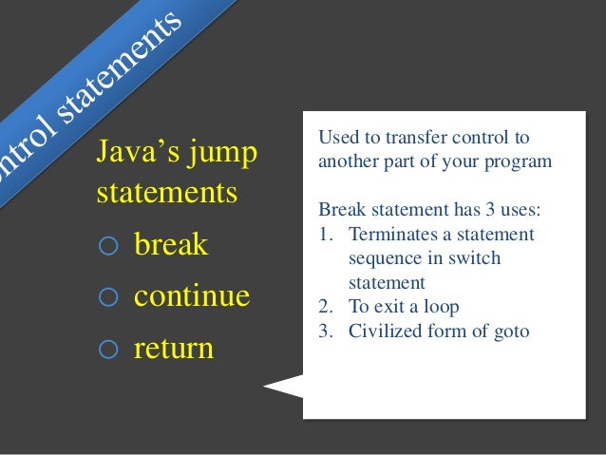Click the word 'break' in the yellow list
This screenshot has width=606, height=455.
(171, 245)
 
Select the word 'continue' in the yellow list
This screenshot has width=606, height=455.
(192, 296)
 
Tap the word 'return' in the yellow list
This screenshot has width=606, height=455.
(174, 349)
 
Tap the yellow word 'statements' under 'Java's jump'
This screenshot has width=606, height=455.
(166, 193)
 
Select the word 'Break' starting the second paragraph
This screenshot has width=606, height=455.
(338, 209)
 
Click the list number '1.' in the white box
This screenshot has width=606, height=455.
(326, 234)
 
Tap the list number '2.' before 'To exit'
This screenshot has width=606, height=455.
(326, 307)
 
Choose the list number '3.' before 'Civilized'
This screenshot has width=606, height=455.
(326, 332)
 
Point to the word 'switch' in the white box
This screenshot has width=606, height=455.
(476, 258)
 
